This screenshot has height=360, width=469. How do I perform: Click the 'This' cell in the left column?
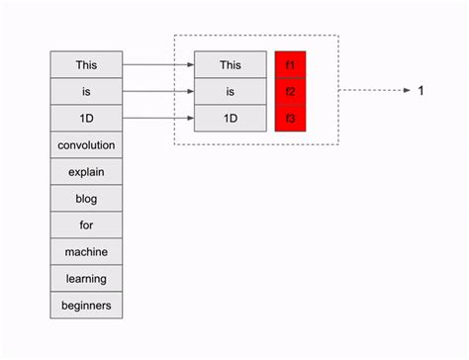(87, 65)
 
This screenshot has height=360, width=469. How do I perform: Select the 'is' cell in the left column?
(87, 92)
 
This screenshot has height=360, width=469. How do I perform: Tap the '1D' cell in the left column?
(87, 119)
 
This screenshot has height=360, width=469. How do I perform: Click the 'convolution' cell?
(87, 145)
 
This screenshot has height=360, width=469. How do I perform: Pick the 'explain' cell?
(87, 172)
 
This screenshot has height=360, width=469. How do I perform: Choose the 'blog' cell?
(87, 199)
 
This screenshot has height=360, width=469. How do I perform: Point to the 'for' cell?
(87, 225)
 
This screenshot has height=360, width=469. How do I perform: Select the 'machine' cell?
(87, 252)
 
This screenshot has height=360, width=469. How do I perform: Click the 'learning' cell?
(87, 279)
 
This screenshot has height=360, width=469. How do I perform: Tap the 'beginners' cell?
(87, 306)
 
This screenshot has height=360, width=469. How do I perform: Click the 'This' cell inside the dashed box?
(231, 65)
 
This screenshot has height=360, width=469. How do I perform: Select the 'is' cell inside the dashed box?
(231, 92)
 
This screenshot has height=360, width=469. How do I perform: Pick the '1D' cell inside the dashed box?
(231, 119)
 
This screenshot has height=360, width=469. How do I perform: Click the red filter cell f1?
(291, 65)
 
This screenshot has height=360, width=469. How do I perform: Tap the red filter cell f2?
(291, 92)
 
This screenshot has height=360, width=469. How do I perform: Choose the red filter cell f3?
(291, 119)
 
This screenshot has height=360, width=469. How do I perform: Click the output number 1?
(421, 91)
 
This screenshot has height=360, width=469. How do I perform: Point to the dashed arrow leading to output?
(374, 91)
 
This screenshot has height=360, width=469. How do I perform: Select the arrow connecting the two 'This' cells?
(158, 65)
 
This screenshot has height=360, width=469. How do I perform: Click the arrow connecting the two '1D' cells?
(158, 119)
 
